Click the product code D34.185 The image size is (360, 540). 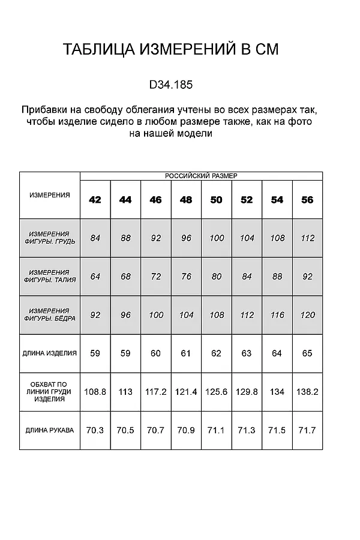click(x=171, y=85)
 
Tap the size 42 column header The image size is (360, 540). click(x=95, y=200)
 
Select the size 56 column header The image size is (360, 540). click(x=307, y=200)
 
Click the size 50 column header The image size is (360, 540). click(x=217, y=200)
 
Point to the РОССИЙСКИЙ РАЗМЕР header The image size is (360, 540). click(x=201, y=176)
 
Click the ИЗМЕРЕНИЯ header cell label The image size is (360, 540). click(x=50, y=195)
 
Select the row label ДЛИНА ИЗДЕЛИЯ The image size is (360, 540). click(x=50, y=353)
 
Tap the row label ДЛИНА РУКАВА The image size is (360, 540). click(x=50, y=430)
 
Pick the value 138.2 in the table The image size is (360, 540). click(x=307, y=392)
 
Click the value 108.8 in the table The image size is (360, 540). click(x=95, y=392)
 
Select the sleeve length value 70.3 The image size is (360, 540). click(x=95, y=430)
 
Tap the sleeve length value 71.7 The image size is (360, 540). click(x=307, y=430)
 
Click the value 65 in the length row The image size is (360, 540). click(x=307, y=353)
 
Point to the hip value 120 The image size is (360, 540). click(x=307, y=315)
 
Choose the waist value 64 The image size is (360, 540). click(x=95, y=277)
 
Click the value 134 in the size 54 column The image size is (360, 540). click(x=277, y=392)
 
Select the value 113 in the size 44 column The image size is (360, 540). click(x=125, y=392)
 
